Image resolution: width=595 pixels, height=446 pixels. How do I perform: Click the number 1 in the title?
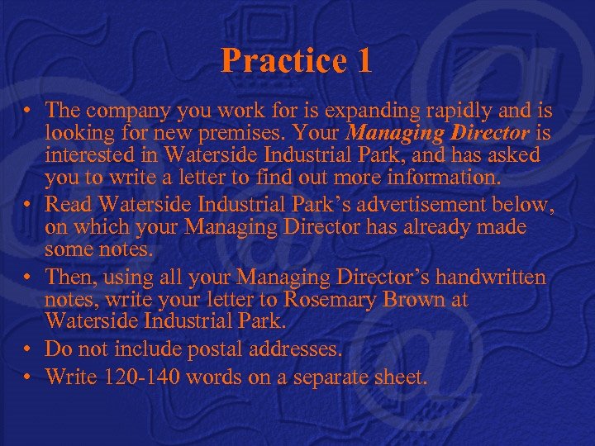pyautogui.click(x=363, y=60)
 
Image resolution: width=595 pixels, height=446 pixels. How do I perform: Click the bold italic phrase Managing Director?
pyautogui.click(x=439, y=132)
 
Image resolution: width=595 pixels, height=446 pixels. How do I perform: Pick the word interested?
pyautogui.click(x=90, y=154)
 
